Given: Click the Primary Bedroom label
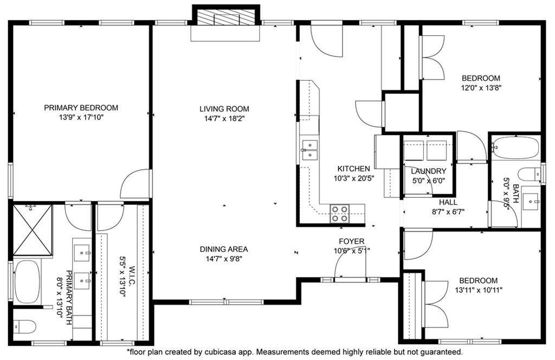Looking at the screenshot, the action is (x=81, y=108).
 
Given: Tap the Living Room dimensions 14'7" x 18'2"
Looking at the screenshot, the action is (x=224, y=119).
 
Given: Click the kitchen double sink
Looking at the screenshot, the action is (x=309, y=150).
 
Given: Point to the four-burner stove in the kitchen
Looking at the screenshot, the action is (x=339, y=214).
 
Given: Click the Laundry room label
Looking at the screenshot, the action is (x=428, y=171).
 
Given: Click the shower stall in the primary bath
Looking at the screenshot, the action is (x=33, y=230).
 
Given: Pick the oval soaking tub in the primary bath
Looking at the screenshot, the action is (x=28, y=282).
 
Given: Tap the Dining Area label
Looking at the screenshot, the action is (x=224, y=249).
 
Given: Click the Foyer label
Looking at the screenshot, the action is (x=351, y=241).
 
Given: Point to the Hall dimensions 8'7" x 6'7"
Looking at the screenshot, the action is (x=448, y=212).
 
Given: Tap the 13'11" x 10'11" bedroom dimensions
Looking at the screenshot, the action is (x=479, y=290).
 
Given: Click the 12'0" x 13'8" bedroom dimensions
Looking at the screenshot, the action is (x=481, y=88).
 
